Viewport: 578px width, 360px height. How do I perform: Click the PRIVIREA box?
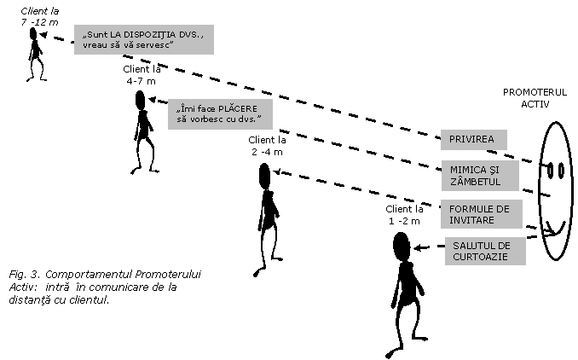(474, 140)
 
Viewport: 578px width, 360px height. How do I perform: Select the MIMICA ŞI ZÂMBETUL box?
(480, 176)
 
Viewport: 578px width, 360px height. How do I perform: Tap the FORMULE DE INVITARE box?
(482, 214)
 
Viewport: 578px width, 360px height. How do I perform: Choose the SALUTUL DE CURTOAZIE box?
(485, 251)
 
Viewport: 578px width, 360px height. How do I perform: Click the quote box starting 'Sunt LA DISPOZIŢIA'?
(144, 39)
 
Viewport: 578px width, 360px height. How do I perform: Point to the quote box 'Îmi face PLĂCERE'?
(220, 114)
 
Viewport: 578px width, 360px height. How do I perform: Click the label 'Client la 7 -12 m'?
(39, 17)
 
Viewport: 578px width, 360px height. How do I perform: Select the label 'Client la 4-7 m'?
(142, 75)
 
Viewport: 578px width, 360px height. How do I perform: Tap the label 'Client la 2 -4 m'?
(267, 146)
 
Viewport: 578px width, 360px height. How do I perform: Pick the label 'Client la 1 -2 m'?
(404, 215)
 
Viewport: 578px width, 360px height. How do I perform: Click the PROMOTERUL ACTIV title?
(535, 98)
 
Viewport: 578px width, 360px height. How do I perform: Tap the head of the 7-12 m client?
(33, 34)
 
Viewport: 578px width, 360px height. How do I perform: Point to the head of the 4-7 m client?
(140, 101)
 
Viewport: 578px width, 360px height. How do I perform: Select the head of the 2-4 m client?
(264, 175)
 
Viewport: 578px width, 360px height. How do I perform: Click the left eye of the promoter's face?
(550, 171)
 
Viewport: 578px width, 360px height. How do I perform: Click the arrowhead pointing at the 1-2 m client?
(418, 247)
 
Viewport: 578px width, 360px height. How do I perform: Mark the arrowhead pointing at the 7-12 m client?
(43, 35)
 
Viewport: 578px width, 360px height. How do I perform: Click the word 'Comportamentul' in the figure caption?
(88, 275)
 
